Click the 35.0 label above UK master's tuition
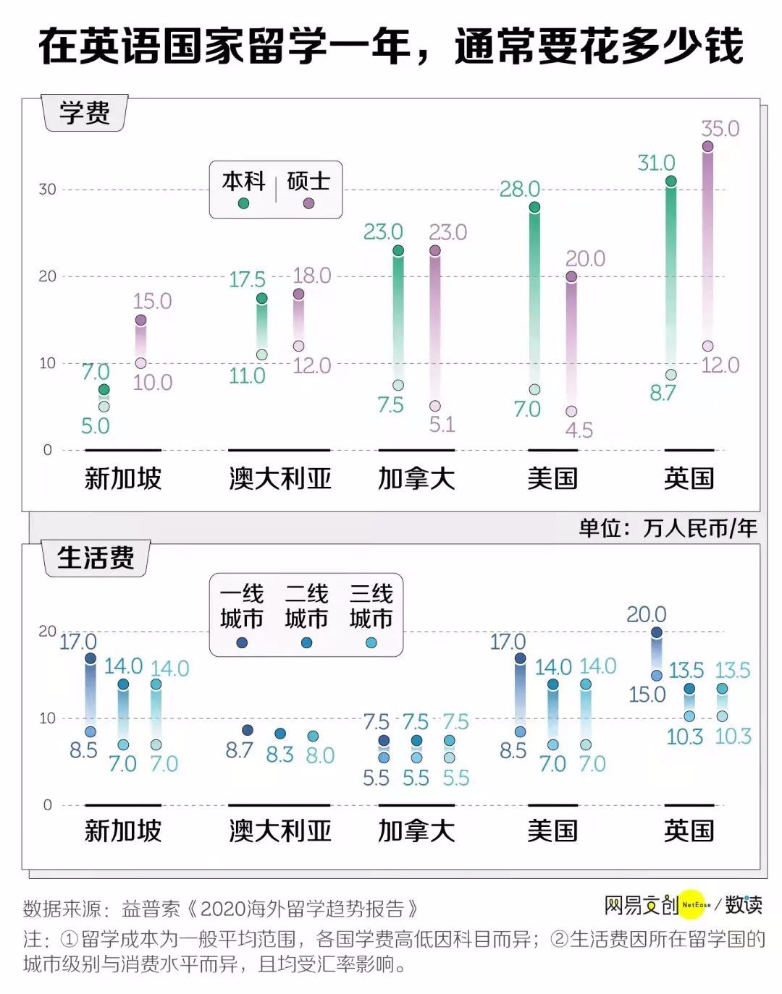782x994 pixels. point(720,129)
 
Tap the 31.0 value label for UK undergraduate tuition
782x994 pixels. point(656,163)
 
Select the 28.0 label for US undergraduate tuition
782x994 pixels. point(520,189)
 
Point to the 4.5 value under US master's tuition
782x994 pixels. point(579,430)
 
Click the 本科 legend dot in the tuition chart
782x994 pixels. point(243,203)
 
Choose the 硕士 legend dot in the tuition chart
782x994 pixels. point(308,203)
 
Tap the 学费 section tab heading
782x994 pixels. point(85,113)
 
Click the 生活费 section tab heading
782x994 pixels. point(96,558)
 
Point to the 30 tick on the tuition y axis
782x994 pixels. point(47,190)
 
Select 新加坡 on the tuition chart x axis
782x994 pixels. point(122,478)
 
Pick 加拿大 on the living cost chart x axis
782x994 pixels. point(416,831)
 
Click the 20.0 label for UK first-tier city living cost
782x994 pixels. point(646,614)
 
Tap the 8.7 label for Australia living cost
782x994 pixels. point(239,750)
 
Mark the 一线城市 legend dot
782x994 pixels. point(242,642)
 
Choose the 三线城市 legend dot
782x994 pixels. point(371,642)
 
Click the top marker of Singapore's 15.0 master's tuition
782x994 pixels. point(140,320)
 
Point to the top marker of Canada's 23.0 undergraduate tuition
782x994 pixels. point(398,251)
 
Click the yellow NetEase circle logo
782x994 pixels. point(691,904)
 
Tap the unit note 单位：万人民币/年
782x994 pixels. point(668,528)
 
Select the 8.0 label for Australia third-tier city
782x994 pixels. point(320,755)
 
